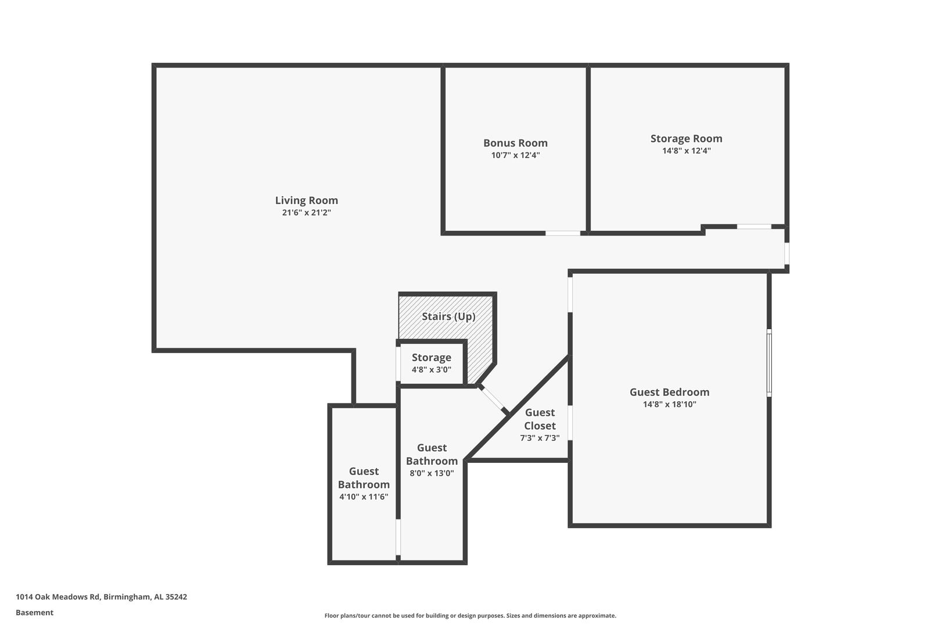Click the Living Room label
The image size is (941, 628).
pos(306,200)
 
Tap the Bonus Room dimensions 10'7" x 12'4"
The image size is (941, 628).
pos(515,155)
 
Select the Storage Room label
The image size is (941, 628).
pos(687,138)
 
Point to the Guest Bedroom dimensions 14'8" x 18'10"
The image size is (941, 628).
pos(669,404)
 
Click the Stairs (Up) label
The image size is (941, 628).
pos(448,316)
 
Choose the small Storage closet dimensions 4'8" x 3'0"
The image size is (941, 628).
pos(432,370)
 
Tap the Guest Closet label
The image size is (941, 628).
pos(540,419)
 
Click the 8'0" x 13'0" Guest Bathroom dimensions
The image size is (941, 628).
pos(432,473)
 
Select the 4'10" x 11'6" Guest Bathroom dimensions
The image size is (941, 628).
pos(364,497)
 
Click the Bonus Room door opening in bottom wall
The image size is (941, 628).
pos(563,233)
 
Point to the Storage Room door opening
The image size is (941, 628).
pos(754,227)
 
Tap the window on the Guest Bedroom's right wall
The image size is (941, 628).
pos(769,363)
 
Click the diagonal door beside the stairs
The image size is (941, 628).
pos(493,399)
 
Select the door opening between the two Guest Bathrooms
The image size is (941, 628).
pos(398,537)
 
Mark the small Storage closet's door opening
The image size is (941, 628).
pos(398,364)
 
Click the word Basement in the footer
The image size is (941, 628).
pos(34,612)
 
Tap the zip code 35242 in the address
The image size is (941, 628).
pos(177,597)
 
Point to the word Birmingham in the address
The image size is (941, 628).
pos(127,597)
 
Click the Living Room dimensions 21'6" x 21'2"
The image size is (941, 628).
pos(306,212)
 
